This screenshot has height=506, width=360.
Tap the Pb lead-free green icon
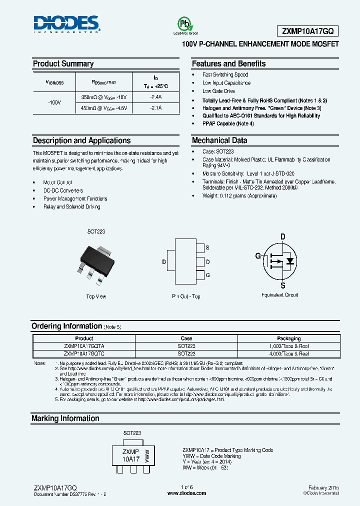(185, 25)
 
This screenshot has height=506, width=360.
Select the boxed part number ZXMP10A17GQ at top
(307, 31)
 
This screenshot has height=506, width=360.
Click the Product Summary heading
(63, 64)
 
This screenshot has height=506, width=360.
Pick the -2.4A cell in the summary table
(156, 97)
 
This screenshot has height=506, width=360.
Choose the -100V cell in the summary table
(54, 102)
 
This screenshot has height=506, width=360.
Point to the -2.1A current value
(156, 108)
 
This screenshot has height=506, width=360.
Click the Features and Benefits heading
(228, 64)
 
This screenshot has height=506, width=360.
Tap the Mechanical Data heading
(219, 140)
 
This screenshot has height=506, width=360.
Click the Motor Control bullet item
(57, 182)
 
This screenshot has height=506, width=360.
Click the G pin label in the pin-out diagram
(207, 275)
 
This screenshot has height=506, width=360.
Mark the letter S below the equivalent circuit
(282, 285)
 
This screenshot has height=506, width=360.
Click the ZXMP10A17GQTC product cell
(84, 353)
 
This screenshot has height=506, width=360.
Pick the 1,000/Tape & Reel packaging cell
(288, 346)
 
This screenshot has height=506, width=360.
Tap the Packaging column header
(288, 338)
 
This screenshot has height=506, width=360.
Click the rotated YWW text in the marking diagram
(146, 456)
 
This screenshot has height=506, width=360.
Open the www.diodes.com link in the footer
(186, 493)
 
